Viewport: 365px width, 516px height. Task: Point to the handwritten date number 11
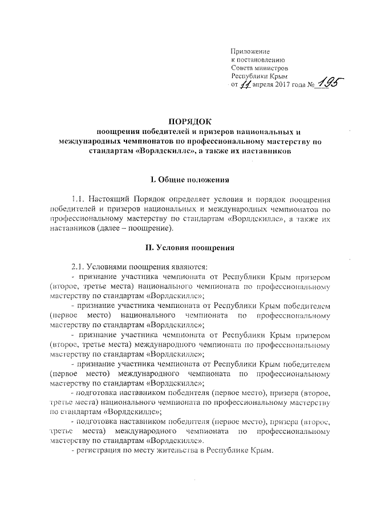click(x=244, y=84)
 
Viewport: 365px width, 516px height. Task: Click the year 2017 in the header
click(x=282, y=86)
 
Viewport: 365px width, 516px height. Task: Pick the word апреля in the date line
click(x=261, y=86)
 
